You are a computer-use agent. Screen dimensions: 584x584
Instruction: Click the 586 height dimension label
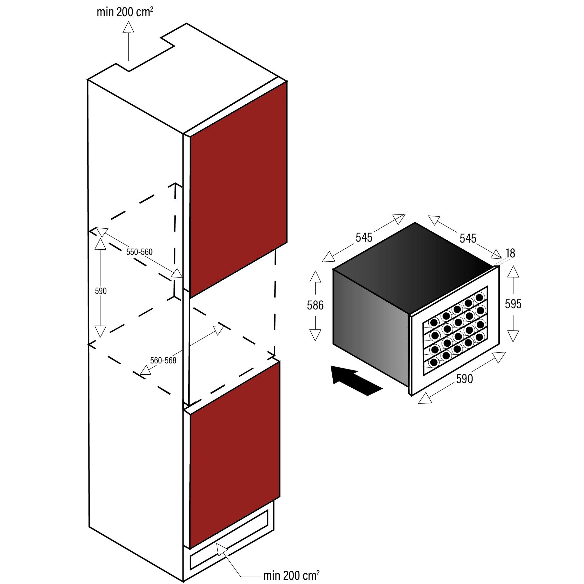[x=315, y=305]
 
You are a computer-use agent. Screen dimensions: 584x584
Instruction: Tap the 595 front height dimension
[x=513, y=304]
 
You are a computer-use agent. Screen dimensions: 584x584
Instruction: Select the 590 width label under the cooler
[x=464, y=379]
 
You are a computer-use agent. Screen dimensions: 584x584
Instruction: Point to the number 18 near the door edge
[x=510, y=253]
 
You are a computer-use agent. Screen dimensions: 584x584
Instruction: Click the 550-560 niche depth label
[x=139, y=252]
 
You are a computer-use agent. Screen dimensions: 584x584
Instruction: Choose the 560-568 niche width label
[x=163, y=360]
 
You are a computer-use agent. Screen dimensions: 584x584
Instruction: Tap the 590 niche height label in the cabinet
[x=100, y=291]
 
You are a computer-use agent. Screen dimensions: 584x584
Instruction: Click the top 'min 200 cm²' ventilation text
[x=125, y=12]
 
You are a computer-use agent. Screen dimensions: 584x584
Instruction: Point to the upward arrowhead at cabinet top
[x=128, y=27]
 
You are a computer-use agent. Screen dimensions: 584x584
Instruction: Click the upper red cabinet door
[x=238, y=191]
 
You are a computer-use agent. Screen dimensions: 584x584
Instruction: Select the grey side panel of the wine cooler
[x=371, y=326]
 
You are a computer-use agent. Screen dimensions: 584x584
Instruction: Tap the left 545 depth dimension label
[x=364, y=237]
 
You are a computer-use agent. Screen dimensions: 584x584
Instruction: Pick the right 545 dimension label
[x=468, y=238]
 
